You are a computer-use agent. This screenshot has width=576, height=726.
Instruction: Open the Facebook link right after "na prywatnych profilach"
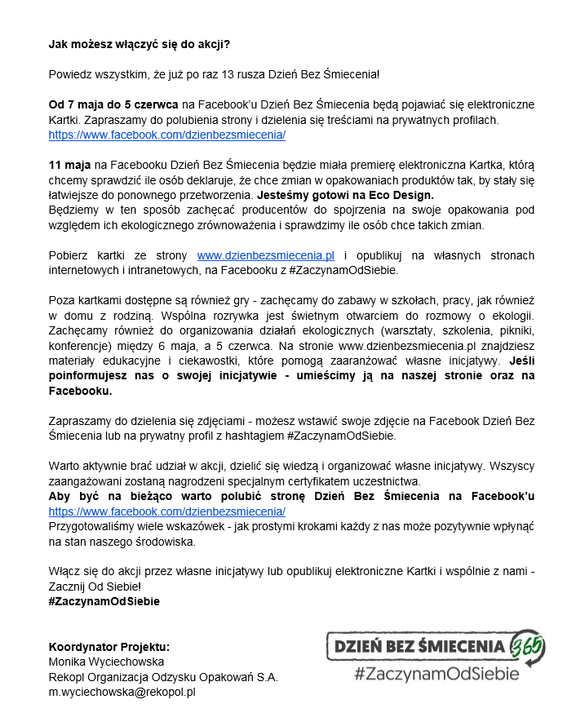[166, 135]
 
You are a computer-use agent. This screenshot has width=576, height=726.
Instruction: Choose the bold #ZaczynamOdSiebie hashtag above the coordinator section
[104, 601]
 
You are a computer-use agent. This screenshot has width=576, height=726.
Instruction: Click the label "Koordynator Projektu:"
[109, 646]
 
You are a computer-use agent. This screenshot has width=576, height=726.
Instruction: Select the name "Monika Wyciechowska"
[107, 662]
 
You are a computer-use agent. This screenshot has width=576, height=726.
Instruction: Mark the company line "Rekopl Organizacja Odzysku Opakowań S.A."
[163, 676]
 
